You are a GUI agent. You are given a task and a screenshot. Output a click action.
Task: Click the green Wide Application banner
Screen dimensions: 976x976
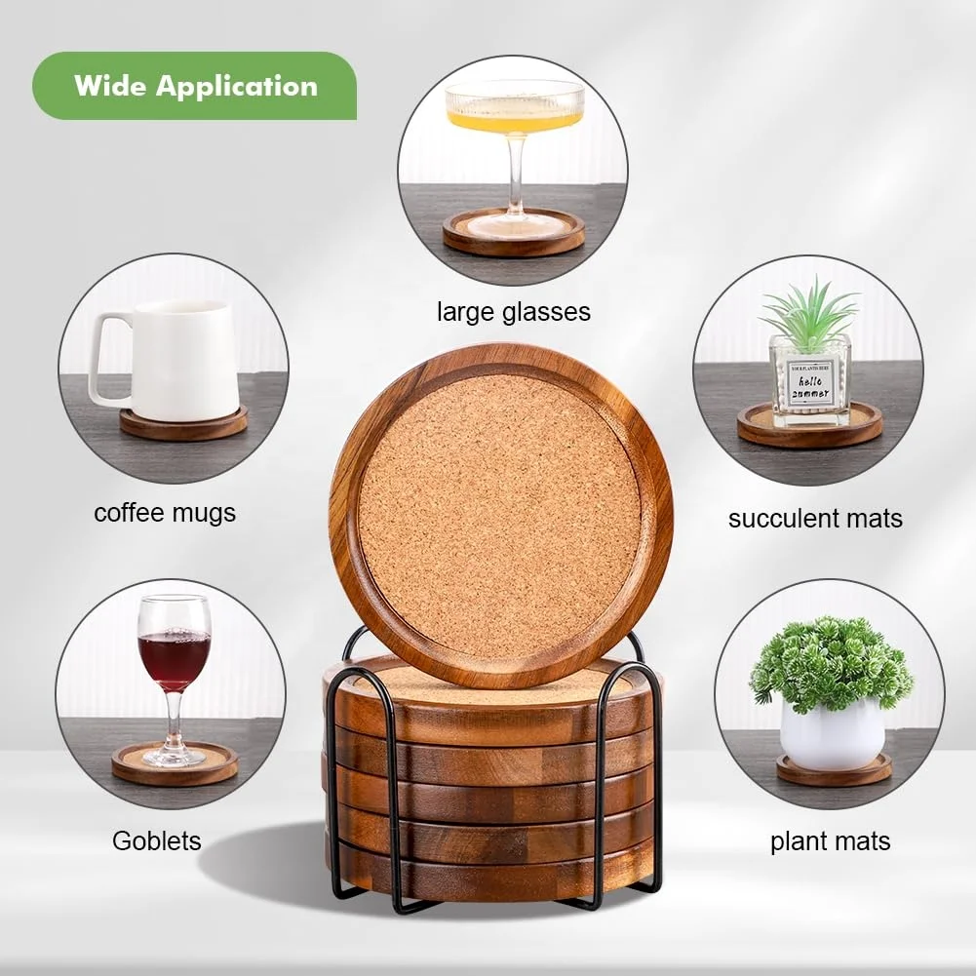click(x=195, y=86)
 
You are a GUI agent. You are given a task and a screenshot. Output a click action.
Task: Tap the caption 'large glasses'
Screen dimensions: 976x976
click(x=513, y=312)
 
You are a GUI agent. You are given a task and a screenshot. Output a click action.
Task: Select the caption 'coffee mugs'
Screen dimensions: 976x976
click(x=165, y=512)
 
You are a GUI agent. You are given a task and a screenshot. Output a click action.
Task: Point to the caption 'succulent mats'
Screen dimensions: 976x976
click(x=815, y=519)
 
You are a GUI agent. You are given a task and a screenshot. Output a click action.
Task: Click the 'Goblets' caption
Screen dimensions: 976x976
click(x=157, y=840)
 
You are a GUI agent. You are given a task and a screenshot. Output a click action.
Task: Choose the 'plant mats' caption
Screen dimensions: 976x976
click(x=830, y=841)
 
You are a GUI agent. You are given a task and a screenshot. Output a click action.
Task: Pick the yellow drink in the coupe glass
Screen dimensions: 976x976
click(x=514, y=119)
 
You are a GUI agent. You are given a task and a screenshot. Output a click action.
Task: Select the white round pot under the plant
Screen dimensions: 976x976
click(x=832, y=733)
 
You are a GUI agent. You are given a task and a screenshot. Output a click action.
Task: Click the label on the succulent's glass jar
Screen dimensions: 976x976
click(x=808, y=385)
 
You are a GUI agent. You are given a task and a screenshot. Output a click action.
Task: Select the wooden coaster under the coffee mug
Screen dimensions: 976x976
click(x=183, y=425)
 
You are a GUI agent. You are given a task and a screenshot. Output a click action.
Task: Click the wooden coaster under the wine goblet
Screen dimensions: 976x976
click(x=175, y=765)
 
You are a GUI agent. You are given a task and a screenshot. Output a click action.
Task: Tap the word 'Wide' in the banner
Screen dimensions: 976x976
click(x=109, y=86)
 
